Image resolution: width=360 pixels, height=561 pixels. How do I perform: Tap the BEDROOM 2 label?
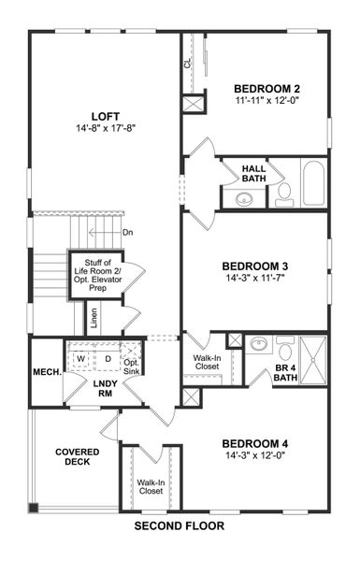(266, 89)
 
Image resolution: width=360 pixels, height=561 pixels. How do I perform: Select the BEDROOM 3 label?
(253, 265)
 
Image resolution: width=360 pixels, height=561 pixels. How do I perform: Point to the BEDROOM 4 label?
(253, 443)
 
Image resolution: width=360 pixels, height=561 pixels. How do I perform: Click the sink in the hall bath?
(245, 198)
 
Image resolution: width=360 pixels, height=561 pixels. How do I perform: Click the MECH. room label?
(47, 372)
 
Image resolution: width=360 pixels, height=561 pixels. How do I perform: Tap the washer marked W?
(81, 358)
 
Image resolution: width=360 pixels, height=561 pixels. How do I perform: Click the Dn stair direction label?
(128, 233)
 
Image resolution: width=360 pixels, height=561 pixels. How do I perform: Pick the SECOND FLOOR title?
(179, 526)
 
